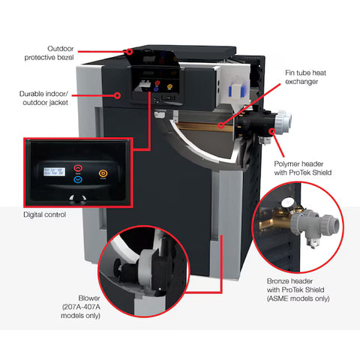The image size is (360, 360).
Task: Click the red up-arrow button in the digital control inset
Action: (x=79, y=169)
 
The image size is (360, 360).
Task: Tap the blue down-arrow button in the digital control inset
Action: (x=79, y=181)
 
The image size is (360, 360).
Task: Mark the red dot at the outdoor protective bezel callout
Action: (x=129, y=52)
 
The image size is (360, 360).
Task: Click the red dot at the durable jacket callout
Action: (x=118, y=95)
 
